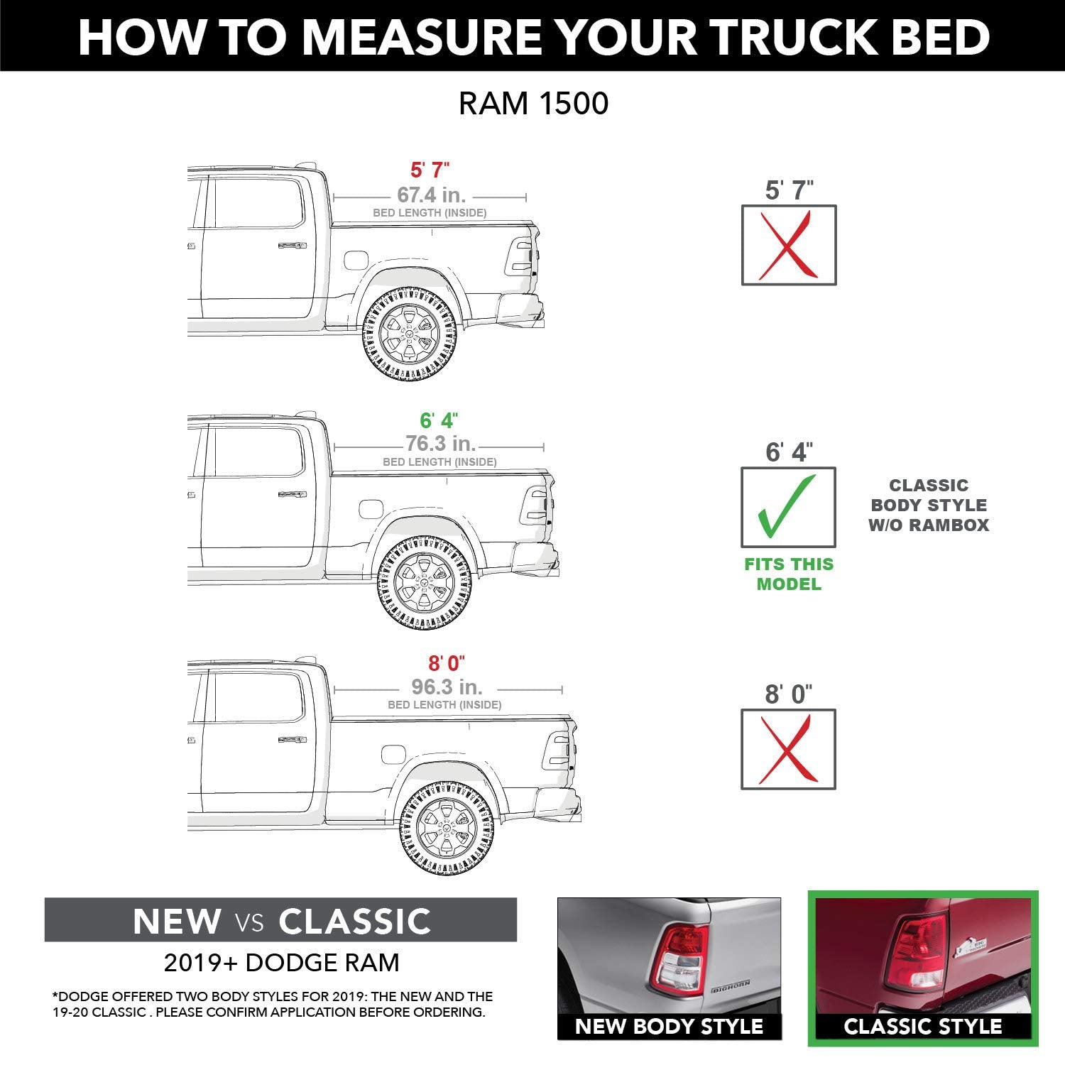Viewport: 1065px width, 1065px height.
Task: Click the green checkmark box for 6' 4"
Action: pos(788,507)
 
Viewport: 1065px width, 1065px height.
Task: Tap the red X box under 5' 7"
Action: pos(788,246)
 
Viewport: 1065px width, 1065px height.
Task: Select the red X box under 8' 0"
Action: pos(788,749)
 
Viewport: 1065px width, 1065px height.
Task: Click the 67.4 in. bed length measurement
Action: pos(431,195)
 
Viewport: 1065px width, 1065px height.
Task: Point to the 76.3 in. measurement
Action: pos(440,444)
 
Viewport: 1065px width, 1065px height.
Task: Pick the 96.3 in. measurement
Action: pos(447,687)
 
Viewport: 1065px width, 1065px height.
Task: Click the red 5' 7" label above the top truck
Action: pos(430,170)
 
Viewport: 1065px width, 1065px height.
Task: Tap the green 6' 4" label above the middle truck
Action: pos(439,420)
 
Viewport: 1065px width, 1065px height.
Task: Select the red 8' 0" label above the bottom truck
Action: pos(446,663)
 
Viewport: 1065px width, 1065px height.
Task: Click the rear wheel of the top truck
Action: pos(410,333)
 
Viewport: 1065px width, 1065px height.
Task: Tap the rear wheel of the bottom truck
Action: pos(447,828)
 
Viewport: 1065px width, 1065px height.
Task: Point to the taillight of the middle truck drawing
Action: pos(535,505)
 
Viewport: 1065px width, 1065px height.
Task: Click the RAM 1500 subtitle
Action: pos(533,104)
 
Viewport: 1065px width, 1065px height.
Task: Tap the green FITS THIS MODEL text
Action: pos(788,574)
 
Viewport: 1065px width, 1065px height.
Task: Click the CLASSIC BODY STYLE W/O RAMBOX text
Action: pos(929,506)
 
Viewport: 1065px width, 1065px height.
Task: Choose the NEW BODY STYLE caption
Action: pos(669,1026)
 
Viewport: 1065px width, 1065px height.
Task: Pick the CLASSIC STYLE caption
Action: pos(922,1026)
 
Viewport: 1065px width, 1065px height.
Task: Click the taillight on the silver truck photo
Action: pos(680,958)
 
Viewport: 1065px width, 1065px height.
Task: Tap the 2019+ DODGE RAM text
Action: pos(281,963)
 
